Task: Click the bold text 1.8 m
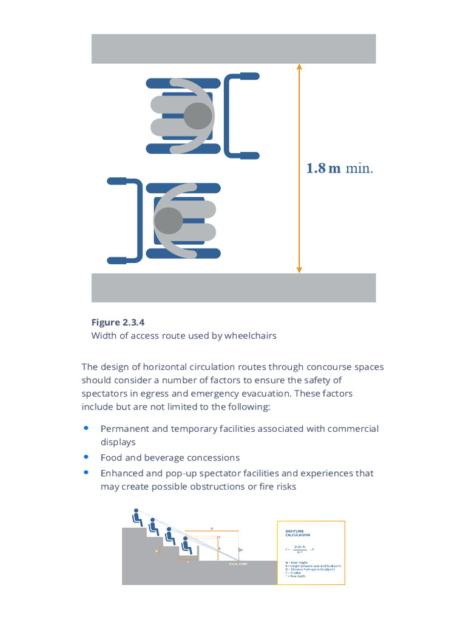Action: point(323,168)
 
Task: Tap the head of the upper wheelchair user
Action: point(198,115)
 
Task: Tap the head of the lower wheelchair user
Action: point(168,220)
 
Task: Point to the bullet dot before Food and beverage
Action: point(87,457)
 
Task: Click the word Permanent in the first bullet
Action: point(125,429)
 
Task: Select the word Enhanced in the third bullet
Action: point(121,473)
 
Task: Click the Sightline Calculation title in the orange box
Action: point(297,533)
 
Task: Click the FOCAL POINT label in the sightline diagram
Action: point(237,564)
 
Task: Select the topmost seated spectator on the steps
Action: point(138,517)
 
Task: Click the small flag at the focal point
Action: point(241,550)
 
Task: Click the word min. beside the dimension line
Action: point(359,168)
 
